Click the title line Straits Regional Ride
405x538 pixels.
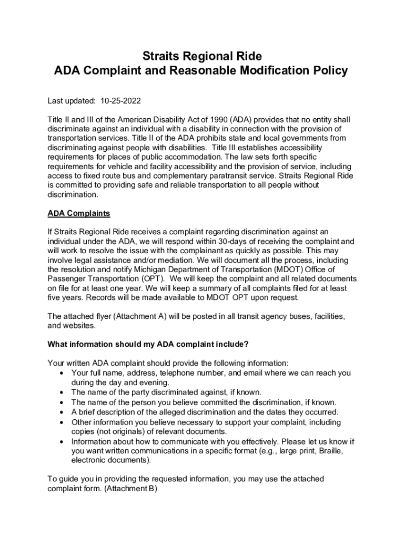[x=202, y=56]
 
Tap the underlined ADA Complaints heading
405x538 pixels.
[x=79, y=213]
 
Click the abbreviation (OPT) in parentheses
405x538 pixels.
[x=151, y=278]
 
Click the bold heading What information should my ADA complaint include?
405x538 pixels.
[x=148, y=344]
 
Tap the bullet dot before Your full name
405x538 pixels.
[x=63, y=373]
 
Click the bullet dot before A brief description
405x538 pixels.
[x=63, y=412]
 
